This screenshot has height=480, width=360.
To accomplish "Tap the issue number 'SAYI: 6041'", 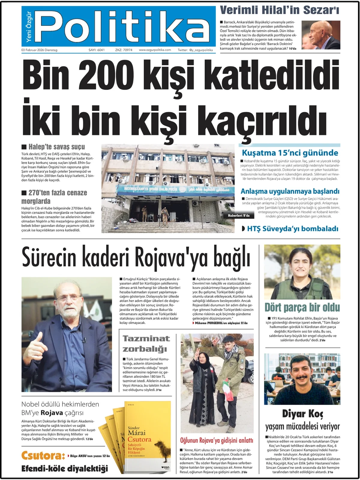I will coord(97,50).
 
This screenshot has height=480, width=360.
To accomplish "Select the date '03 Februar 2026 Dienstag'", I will coord(39,50).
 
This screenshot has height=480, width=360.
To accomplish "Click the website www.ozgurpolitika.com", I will coord(155,50).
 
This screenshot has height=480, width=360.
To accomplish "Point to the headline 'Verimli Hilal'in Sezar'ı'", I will coord(280,10).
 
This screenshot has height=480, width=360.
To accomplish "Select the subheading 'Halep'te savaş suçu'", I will coord(56,147).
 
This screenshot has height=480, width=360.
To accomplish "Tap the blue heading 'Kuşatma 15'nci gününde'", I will coord(290,153).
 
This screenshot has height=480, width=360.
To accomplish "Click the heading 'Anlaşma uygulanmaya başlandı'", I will coord(290,191).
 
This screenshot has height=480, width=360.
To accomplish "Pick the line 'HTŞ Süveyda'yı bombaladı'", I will coord(292,229).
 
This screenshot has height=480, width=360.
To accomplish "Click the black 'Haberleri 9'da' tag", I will coord(238,215).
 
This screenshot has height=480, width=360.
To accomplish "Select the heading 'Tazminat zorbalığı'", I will coord(146,344).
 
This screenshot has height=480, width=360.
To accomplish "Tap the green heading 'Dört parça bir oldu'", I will coord(302,307).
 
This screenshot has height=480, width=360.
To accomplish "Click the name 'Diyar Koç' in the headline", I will coord(302,414).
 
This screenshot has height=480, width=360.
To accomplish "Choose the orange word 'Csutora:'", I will coord(43,456).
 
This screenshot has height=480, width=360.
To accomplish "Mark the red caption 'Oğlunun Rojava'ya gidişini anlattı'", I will coord(217,440).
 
